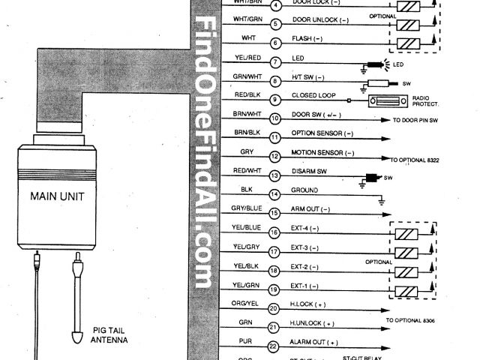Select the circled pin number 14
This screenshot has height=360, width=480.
(275, 194)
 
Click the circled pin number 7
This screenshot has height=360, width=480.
(275, 61)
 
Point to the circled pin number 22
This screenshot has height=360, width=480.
(275, 346)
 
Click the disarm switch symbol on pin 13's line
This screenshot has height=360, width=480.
(370, 179)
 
